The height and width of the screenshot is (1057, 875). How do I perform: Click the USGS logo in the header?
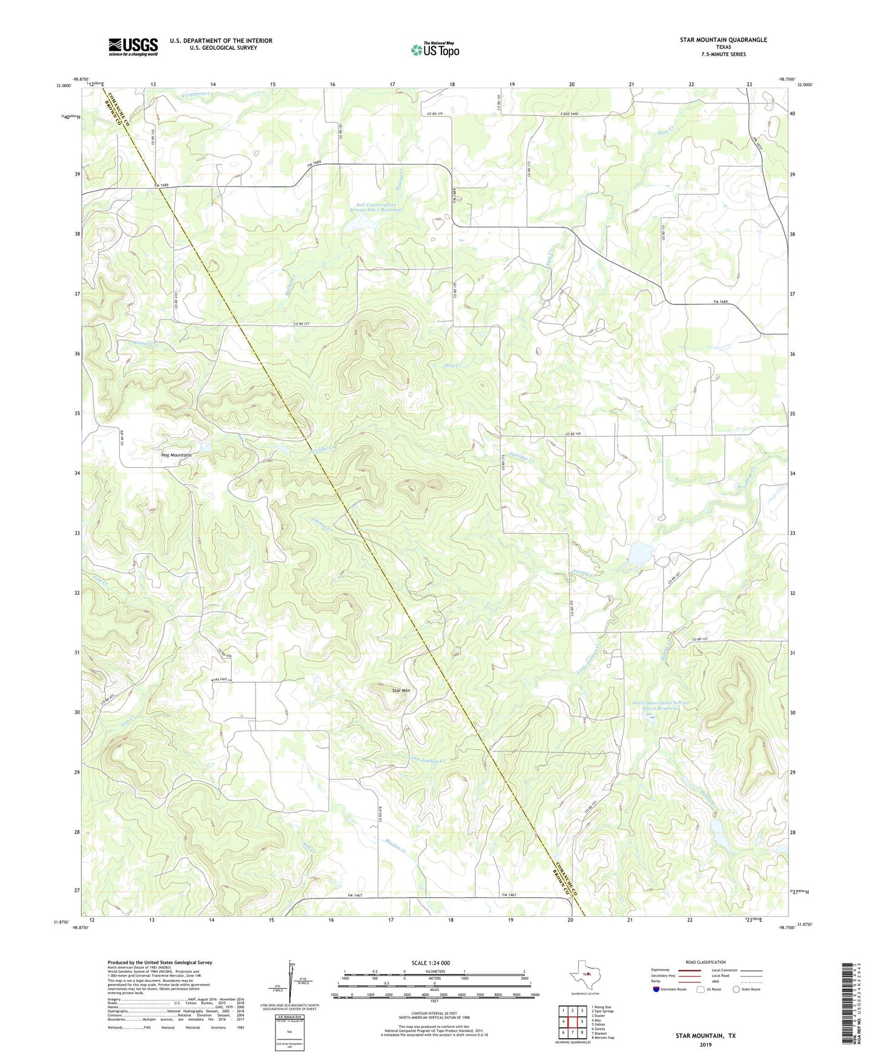[133, 47]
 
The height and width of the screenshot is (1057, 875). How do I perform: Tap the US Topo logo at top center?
[435, 50]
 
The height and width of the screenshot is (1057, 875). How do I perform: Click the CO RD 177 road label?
[303, 324]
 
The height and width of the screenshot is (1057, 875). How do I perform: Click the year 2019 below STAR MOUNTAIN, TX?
[705, 1044]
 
